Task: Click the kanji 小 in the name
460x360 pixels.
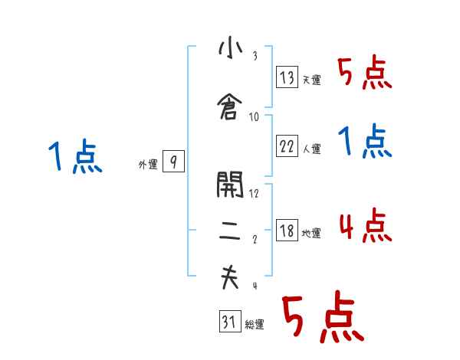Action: [x=231, y=48]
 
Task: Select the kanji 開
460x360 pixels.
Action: [x=230, y=185]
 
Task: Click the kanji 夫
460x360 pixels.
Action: [x=230, y=277]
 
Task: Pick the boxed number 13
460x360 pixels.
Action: [x=287, y=77]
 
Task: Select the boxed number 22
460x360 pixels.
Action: [x=287, y=146]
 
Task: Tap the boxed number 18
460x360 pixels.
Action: [x=287, y=230]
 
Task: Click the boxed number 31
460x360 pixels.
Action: [x=230, y=321]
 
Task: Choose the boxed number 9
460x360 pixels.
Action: [x=174, y=162]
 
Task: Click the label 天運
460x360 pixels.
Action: [x=312, y=80]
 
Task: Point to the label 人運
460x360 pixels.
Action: [x=312, y=149]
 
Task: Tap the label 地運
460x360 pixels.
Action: [x=311, y=234]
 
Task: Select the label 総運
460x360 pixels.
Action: [x=255, y=325]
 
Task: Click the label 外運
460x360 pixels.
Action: [x=148, y=165]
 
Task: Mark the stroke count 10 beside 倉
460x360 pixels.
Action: [x=254, y=117]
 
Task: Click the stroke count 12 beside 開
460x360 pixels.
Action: [x=254, y=193]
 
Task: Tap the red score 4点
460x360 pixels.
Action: [x=366, y=225]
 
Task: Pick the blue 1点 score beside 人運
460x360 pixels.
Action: [x=365, y=141]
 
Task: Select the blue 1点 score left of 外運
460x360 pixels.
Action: [x=75, y=156]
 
